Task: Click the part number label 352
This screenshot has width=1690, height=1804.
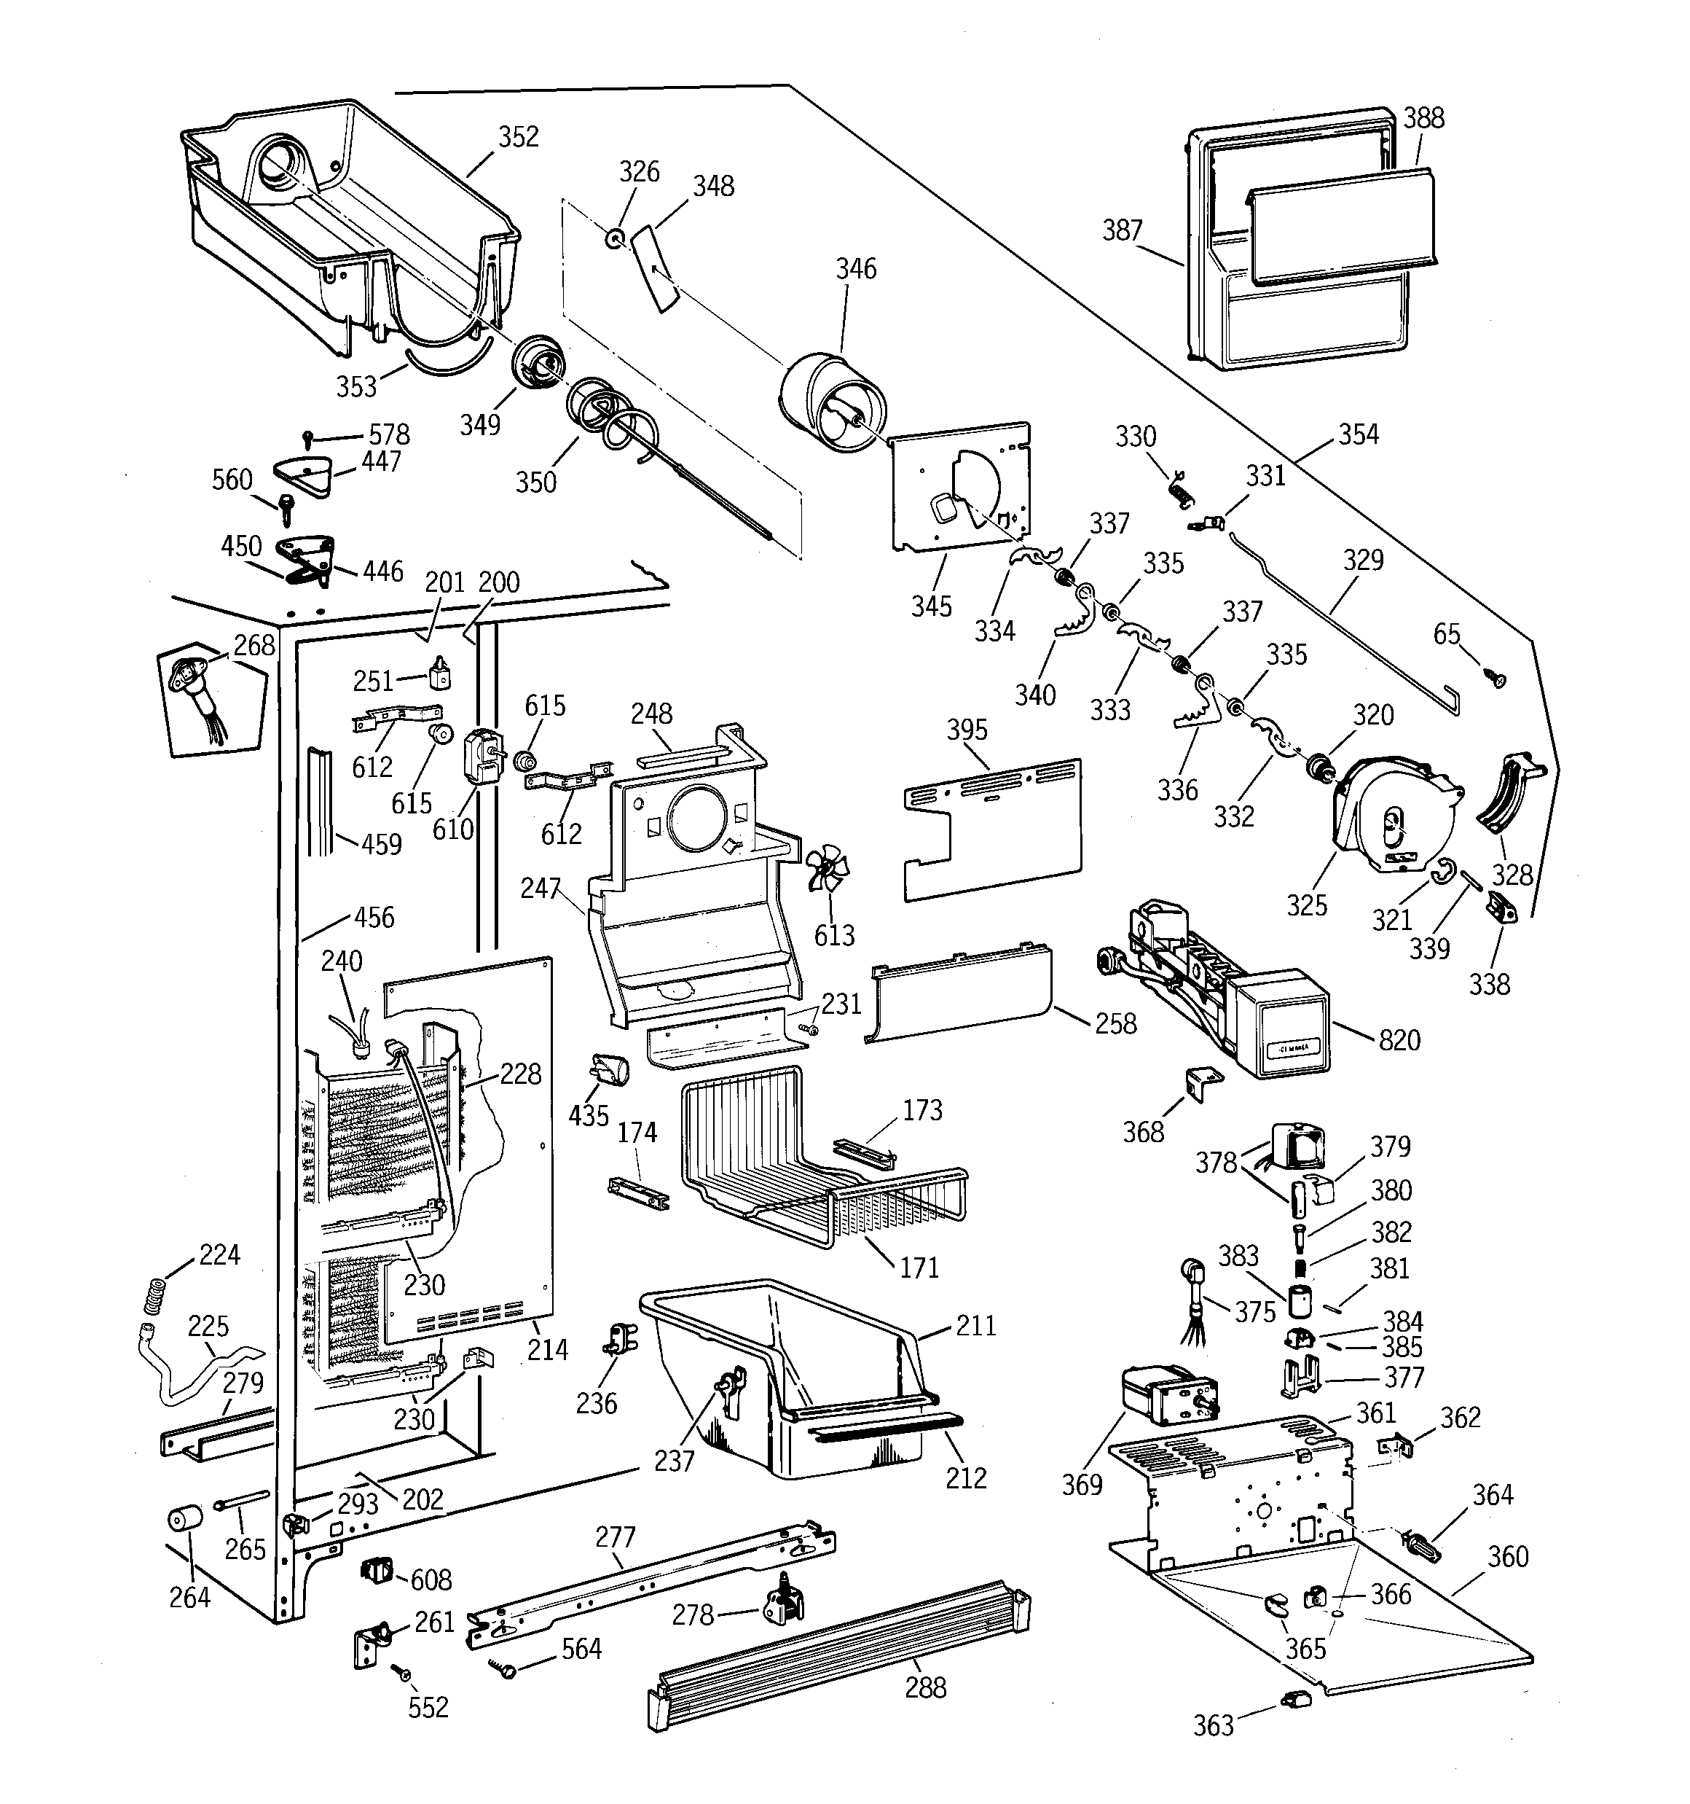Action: pyautogui.click(x=518, y=137)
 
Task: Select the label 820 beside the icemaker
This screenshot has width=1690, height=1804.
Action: pyautogui.click(x=1399, y=1040)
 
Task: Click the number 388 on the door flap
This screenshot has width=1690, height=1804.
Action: pyautogui.click(x=1423, y=118)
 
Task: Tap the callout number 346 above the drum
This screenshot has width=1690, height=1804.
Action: pyautogui.click(x=855, y=269)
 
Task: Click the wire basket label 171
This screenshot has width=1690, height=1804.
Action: pyautogui.click(x=919, y=1268)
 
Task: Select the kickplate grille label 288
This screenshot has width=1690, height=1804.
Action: pyautogui.click(x=925, y=1688)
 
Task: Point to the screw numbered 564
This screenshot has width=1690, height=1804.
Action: pyautogui.click(x=506, y=1666)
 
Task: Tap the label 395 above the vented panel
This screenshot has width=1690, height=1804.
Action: pyautogui.click(x=967, y=730)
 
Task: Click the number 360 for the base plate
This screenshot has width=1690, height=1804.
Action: pyautogui.click(x=1508, y=1557)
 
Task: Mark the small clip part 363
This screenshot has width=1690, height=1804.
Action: pyautogui.click(x=1292, y=1699)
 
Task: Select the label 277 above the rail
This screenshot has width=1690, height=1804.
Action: pyautogui.click(x=615, y=1537)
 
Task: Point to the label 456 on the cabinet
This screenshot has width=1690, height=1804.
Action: pyautogui.click(x=374, y=918)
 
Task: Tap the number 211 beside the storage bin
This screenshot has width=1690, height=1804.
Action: pyautogui.click(x=976, y=1326)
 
